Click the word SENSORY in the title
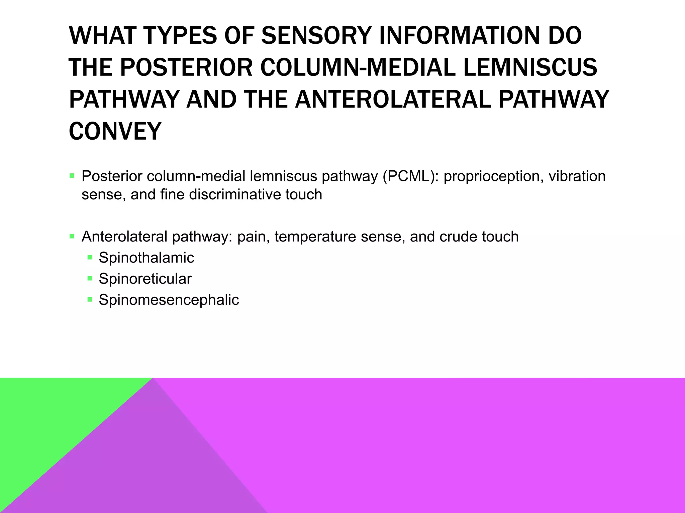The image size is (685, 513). (x=316, y=35)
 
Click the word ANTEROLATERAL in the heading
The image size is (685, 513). (x=393, y=99)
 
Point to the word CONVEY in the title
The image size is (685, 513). (x=115, y=131)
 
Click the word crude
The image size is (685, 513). (x=458, y=237)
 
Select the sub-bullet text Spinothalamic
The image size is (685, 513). (x=146, y=258)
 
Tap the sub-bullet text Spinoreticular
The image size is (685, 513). (x=145, y=279)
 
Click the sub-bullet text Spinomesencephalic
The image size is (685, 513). (x=169, y=300)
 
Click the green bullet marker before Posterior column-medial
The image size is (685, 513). (x=72, y=176)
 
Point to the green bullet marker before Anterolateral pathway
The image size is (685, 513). (x=72, y=236)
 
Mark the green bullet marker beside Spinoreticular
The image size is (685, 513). (x=90, y=278)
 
